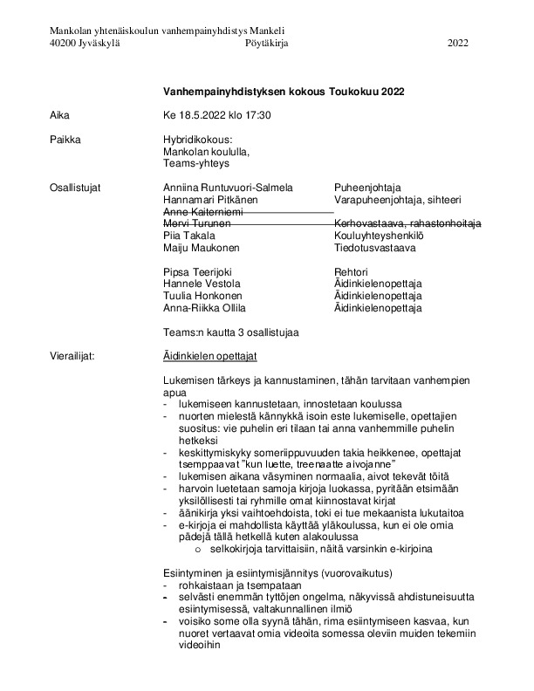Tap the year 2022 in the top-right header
pyautogui.click(x=458, y=42)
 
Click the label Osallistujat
pyautogui.click(x=76, y=188)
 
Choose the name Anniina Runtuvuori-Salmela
pyautogui.click(x=228, y=188)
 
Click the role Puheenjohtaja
pyautogui.click(x=367, y=188)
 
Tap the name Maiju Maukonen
pyautogui.click(x=200, y=248)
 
